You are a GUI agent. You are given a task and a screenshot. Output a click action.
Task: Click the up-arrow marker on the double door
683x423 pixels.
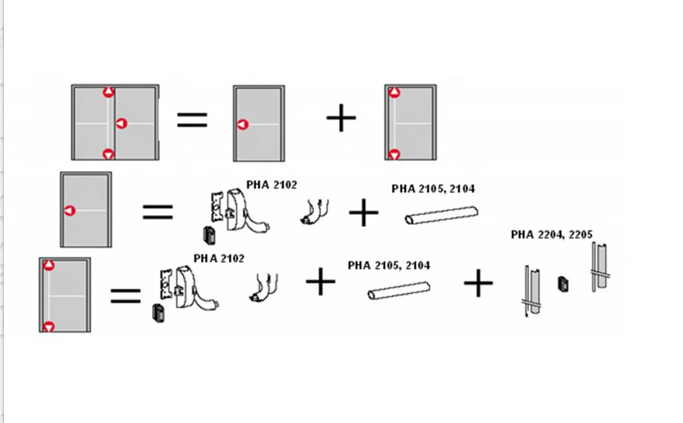[108, 92]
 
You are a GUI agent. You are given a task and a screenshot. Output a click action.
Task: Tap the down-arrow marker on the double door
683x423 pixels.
[108, 154]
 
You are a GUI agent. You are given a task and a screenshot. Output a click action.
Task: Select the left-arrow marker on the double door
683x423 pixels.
[121, 124]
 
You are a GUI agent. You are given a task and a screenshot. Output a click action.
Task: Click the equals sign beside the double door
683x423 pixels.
[192, 120]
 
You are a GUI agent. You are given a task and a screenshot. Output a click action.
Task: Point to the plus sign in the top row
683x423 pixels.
[341, 118]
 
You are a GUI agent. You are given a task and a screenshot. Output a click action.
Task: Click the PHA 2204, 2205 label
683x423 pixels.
[552, 235]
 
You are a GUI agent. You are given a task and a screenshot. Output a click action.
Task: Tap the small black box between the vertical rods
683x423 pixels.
[563, 284]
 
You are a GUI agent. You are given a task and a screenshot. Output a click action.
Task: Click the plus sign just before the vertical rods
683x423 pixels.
[478, 283]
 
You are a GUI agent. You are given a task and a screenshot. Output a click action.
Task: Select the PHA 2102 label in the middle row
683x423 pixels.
[271, 185]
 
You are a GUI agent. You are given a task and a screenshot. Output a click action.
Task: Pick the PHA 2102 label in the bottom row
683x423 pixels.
[219, 258]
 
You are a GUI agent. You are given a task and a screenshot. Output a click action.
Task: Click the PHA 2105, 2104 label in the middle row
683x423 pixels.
[433, 189]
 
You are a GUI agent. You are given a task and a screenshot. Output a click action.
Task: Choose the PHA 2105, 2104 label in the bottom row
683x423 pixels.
[389, 265]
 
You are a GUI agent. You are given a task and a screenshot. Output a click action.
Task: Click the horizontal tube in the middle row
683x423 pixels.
[441, 215]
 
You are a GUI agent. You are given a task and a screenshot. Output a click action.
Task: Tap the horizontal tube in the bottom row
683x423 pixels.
[399, 291]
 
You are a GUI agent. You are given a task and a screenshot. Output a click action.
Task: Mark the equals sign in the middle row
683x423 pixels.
[158, 212]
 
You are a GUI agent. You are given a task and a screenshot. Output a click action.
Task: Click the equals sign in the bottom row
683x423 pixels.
[125, 296]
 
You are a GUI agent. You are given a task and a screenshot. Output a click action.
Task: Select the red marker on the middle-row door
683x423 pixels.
[70, 211]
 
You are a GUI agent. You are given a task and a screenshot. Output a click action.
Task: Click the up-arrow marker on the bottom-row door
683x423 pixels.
[49, 265]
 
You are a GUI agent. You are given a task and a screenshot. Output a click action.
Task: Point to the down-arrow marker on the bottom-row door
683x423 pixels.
[49, 327]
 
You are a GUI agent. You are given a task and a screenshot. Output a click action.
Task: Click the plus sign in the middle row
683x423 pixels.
[364, 213]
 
